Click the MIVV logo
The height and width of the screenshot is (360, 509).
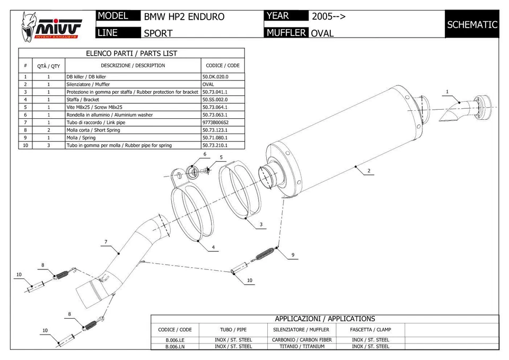pyautogui.click(x=51, y=26)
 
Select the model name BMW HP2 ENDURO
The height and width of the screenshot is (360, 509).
pyautogui.click(x=184, y=16)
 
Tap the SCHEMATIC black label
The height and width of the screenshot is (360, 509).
pyautogui.click(x=472, y=24)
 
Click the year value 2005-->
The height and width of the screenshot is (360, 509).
pyautogui.click(x=329, y=16)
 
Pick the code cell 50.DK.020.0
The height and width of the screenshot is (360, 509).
pyautogui.click(x=215, y=77)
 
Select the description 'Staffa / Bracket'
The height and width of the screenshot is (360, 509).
pyautogui.click(x=83, y=100)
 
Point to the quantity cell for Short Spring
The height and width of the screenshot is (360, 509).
pyautogui.click(x=48, y=130)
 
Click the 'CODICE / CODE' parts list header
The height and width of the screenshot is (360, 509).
pyautogui.click(x=222, y=66)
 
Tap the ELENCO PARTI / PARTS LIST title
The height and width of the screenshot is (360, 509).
pyautogui.click(x=131, y=54)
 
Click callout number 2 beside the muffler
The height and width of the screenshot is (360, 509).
pyautogui.click(x=368, y=171)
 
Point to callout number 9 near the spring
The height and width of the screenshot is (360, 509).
pyautogui.click(x=292, y=255)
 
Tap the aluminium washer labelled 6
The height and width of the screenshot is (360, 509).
pyautogui.click(x=193, y=171)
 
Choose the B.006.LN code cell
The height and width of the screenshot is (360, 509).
pyautogui.click(x=175, y=347)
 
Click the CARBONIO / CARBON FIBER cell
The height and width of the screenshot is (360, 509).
pyautogui.click(x=302, y=340)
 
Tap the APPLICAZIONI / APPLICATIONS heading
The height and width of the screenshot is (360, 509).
pyautogui.click(x=324, y=319)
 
